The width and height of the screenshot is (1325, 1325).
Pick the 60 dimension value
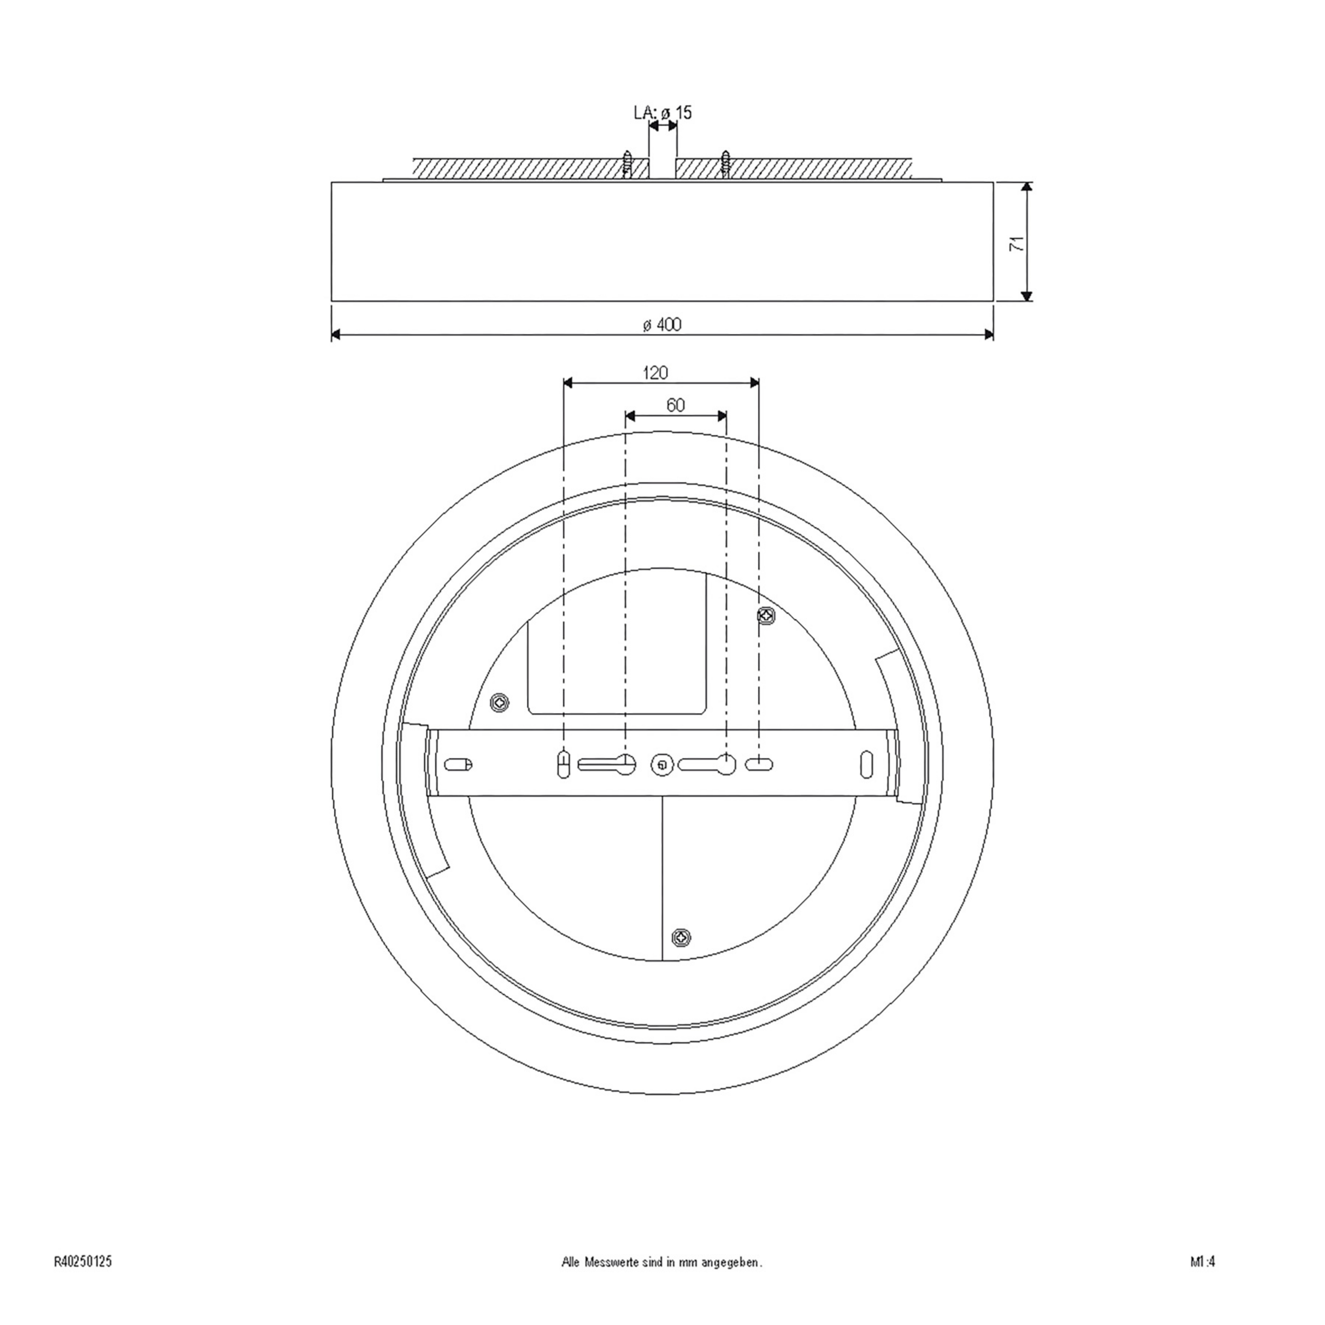coord(676,405)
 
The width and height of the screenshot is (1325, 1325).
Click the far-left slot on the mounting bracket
coord(458,764)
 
